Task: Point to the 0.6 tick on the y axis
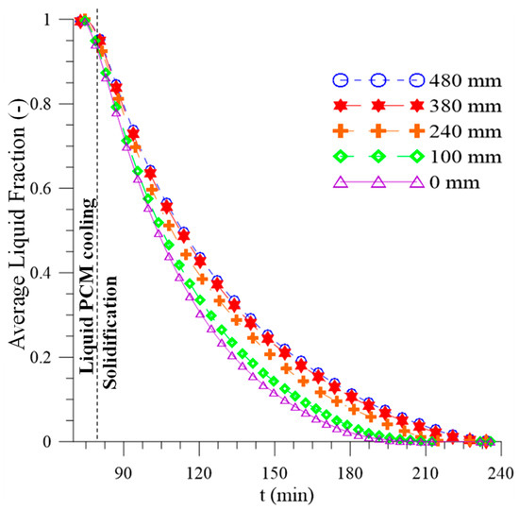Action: (x=42, y=189)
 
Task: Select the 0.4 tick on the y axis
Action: (x=42, y=273)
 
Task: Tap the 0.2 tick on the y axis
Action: (x=42, y=357)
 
